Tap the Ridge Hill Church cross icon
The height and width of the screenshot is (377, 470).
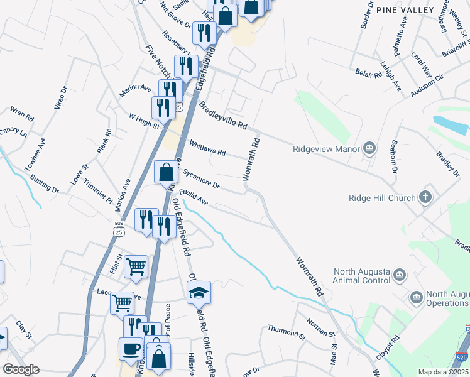coord(425,198)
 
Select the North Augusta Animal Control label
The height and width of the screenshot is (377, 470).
coord(362,276)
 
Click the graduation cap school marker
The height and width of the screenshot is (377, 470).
coord(199,293)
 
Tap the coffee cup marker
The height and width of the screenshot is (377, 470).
coord(131,349)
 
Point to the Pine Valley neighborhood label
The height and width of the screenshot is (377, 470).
coord(405,10)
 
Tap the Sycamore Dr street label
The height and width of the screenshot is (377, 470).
coord(201,178)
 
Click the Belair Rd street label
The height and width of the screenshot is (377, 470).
coord(368,74)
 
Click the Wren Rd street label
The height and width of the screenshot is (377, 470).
coord(21,114)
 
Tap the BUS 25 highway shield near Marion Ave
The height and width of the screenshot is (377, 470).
coord(118,228)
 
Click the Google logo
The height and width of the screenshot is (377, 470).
coord(21,369)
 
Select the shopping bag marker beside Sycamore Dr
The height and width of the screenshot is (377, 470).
coord(166,172)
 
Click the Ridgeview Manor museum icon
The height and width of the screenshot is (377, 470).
coord(369,149)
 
